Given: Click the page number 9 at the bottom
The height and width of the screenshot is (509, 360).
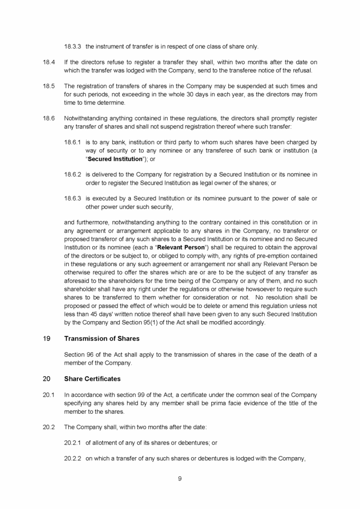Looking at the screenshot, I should pos(180,479).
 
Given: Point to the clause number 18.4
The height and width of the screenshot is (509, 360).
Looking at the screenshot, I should pos(48,62).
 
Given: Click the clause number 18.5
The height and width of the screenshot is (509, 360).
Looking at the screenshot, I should pos(48,86).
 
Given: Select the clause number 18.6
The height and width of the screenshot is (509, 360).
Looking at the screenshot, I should pos(48,118).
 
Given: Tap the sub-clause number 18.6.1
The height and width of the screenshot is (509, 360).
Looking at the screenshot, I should pos(73,142).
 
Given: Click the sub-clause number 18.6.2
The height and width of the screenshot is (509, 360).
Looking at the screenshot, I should pos(73,175).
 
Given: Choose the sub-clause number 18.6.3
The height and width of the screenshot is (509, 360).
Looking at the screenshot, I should pos(73,198).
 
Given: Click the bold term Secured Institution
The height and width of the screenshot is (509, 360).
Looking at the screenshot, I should pos(115,159).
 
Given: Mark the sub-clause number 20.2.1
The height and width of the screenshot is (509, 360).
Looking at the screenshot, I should pos(73,443).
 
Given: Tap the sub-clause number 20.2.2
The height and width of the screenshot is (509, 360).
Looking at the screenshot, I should pos(73,458).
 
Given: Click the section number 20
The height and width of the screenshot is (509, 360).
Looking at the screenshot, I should pos(46,379).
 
